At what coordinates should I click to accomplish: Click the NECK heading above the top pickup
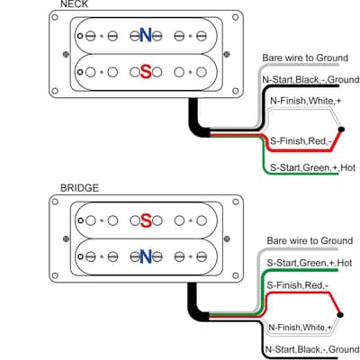point(74,4)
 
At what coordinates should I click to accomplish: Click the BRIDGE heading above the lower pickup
point(79,188)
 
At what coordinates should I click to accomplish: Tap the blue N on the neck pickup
point(146,35)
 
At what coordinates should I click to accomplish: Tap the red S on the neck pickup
point(146,72)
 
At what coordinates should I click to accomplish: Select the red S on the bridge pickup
point(146,220)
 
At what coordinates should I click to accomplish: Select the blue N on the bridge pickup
point(146,256)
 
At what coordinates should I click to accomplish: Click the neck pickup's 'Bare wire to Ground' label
point(305,58)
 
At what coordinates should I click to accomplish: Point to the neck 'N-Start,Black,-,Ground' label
point(310,79)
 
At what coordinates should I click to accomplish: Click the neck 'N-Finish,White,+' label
point(306,101)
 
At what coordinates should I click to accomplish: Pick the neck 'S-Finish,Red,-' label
point(301,140)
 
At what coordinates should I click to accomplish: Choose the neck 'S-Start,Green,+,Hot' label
point(312,167)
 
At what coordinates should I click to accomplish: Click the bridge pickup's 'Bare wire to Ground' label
point(310,240)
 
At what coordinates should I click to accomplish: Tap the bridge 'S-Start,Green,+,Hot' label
point(310,263)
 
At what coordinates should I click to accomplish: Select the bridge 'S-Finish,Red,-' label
point(297,285)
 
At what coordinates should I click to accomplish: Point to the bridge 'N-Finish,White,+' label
point(300,328)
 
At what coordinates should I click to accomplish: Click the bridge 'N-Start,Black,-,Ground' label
point(312,349)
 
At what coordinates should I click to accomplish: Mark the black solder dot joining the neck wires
point(341,130)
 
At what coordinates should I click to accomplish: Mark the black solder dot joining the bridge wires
point(340,315)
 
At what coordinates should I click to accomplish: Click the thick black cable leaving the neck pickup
point(194,121)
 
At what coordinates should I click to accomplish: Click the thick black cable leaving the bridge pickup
point(193,306)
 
